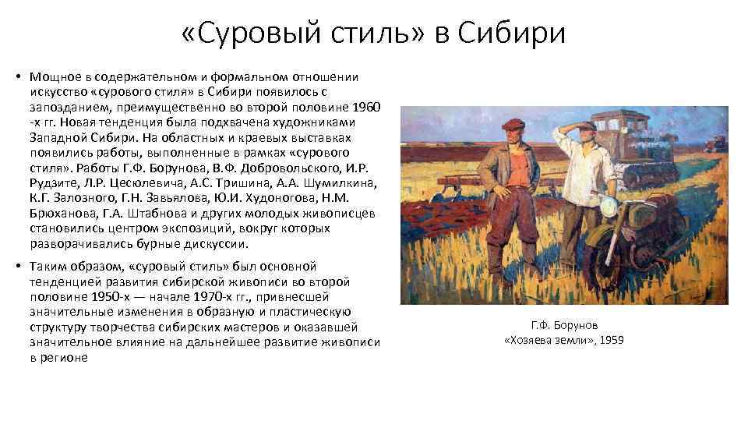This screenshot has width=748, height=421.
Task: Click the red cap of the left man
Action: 512,124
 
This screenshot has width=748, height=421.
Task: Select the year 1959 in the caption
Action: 610,340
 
